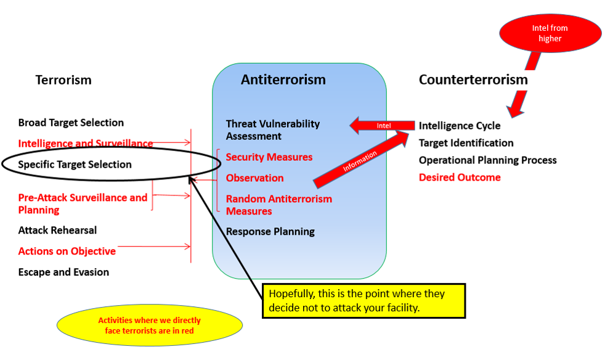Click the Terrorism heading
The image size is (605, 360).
tap(63, 80)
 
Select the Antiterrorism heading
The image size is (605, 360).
tap(283, 80)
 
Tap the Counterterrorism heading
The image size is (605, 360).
tap(473, 80)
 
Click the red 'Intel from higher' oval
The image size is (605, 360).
tap(550, 33)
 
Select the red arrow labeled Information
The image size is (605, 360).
tap(360, 161)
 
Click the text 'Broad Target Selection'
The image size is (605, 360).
tap(71, 123)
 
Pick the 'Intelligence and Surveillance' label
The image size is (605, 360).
tap(85, 144)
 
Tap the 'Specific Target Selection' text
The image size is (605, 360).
tap(75, 165)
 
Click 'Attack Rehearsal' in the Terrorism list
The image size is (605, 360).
tap(57, 230)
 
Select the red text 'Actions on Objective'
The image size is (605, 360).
tap(67, 251)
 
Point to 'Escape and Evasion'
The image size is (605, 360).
tap(63, 272)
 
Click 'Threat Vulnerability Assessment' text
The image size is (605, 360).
tap(272, 129)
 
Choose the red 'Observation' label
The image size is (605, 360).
tap(254, 178)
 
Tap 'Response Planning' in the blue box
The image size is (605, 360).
tap(270, 232)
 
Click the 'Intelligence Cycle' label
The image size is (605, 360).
tap(460, 126)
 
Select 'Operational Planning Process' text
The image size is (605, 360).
tap(487, 160)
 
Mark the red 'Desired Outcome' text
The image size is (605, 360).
tap(460, 178)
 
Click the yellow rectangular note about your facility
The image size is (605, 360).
tap(363, 300)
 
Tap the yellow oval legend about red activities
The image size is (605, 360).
tap(149, 325)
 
